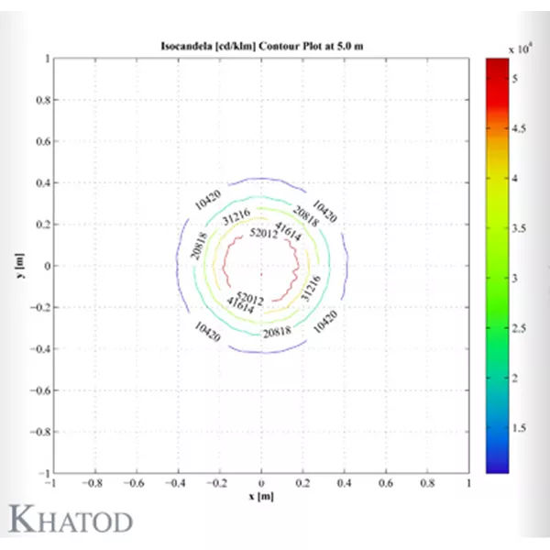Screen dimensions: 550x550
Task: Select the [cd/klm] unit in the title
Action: pyautogui.click(x=230, y=46)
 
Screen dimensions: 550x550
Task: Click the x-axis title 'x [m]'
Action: pyautogui.click(x=261, y=496)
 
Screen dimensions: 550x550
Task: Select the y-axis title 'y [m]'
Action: pyautogui.click(x=19, y=267)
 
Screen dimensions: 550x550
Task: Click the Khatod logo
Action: pyautogui.click(x=71, y=519)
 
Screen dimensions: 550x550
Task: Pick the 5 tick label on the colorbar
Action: pyautogui.click(x=515, y=80)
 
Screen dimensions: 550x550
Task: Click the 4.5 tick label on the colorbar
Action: pyautogui.click(x=519, y=129)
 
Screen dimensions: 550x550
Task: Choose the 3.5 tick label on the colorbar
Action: pyautogui.click(x=519, y=228)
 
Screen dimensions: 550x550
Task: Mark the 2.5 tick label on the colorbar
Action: pyautogui.click(x=519, y=327)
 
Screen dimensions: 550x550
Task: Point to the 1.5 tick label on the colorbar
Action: pyautogui.click(x=519, y=426)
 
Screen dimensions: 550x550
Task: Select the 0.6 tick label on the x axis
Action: pyautogui.click(x=386, y=483)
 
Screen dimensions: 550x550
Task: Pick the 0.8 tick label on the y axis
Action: pyautogui.click(x=39, y=101)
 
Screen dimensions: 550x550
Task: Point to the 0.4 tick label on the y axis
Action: pyautogui.click(x=39, y=183)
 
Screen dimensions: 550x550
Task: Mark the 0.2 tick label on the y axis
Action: pyautogui.click(x=39, y=225)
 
